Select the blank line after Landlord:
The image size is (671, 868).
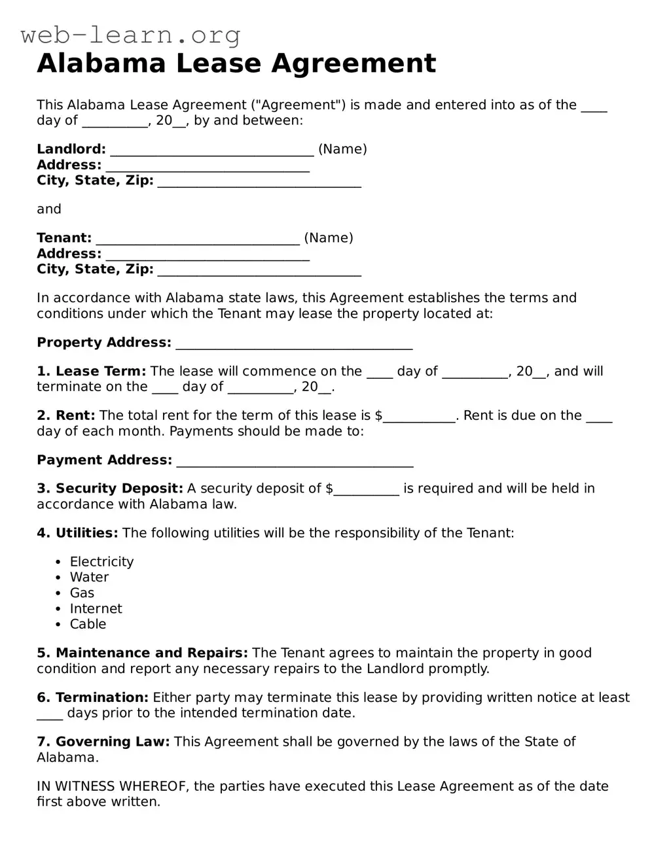pos(211,150)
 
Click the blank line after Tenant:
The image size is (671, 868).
pos(197,239)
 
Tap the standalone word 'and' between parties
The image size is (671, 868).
pos(49,209)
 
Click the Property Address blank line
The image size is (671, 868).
pos(294,344)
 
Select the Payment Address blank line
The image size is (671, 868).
pos(295,462)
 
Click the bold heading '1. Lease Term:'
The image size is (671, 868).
pos(92,372)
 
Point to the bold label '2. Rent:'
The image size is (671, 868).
pos(66,415)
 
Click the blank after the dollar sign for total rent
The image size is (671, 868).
pos(419,417)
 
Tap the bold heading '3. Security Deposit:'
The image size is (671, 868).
pos(110,489)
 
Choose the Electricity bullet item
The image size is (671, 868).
pos(101,562)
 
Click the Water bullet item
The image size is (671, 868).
pos(89,578)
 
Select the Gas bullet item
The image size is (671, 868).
pos(82,593)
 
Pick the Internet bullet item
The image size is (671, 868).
pos(96,609)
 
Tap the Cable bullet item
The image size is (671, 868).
pos(88,625)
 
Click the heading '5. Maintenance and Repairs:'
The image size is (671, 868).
pos(142,653)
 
